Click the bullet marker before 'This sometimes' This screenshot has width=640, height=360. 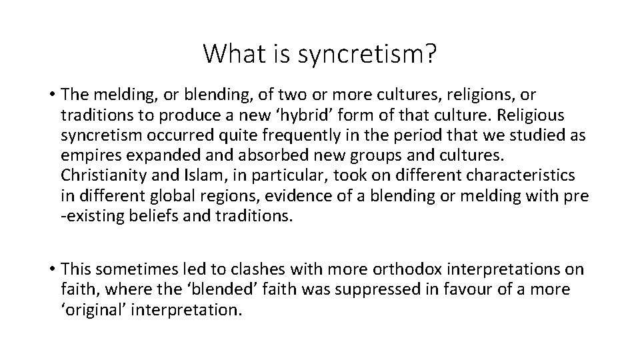point(51,269)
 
